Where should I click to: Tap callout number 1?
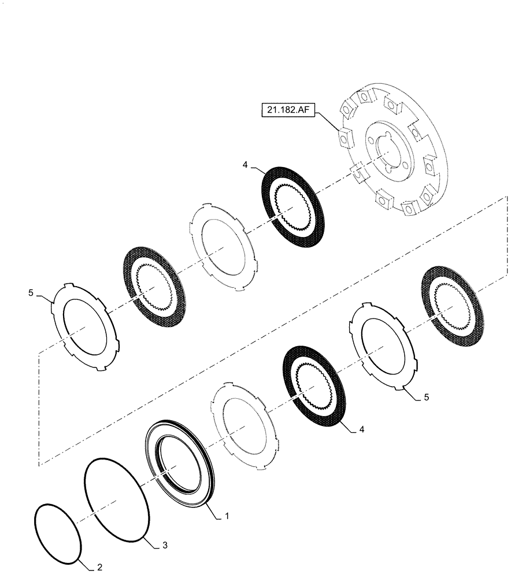tap(227, 515)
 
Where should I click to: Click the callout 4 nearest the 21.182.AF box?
tap(246, 165)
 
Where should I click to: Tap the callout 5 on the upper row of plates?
tap(31, 294)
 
